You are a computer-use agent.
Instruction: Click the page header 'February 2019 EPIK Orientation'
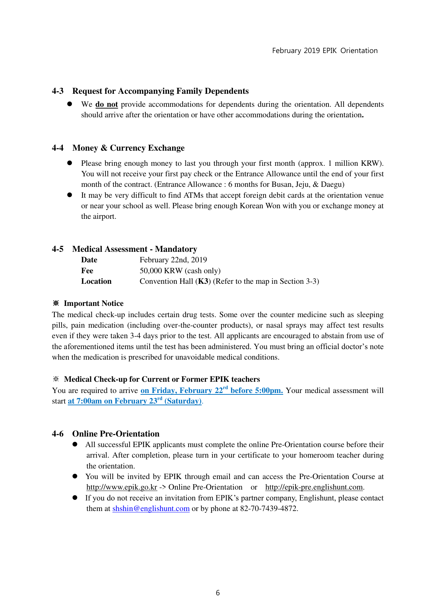tap(325, 51)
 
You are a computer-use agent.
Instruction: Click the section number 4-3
tap(58, 91)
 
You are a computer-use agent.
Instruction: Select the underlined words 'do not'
tap(106, 104)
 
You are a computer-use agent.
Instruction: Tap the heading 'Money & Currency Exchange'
tap(128, 148)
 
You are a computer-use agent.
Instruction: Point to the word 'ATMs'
tap(194, 195)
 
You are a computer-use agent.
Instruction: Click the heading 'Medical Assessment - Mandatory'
tap(135, 249)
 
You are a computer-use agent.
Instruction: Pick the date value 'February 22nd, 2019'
tap(173, 260)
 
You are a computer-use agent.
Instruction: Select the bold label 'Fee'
tap(87, 271)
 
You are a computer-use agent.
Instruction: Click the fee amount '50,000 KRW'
tap(161, 271)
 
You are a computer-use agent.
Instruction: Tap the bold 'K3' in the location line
tap(203, 281)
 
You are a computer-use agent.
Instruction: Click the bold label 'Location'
tap(96, 281)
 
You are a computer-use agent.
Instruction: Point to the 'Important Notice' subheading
tap(93, 303)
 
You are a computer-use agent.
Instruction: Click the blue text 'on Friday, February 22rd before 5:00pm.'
tap(212, 391)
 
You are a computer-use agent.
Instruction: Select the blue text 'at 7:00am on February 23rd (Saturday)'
tap(135, 401)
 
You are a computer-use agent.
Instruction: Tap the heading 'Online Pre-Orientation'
tap(116, 434)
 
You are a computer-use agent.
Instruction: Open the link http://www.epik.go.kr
tap(122, 487)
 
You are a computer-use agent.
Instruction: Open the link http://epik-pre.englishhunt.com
tap(314, 487)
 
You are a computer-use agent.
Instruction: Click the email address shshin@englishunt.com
tap(151, 509)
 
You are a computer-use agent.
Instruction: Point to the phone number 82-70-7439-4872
tap(268, 509)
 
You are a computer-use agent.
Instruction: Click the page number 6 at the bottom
tap(218, 593)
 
